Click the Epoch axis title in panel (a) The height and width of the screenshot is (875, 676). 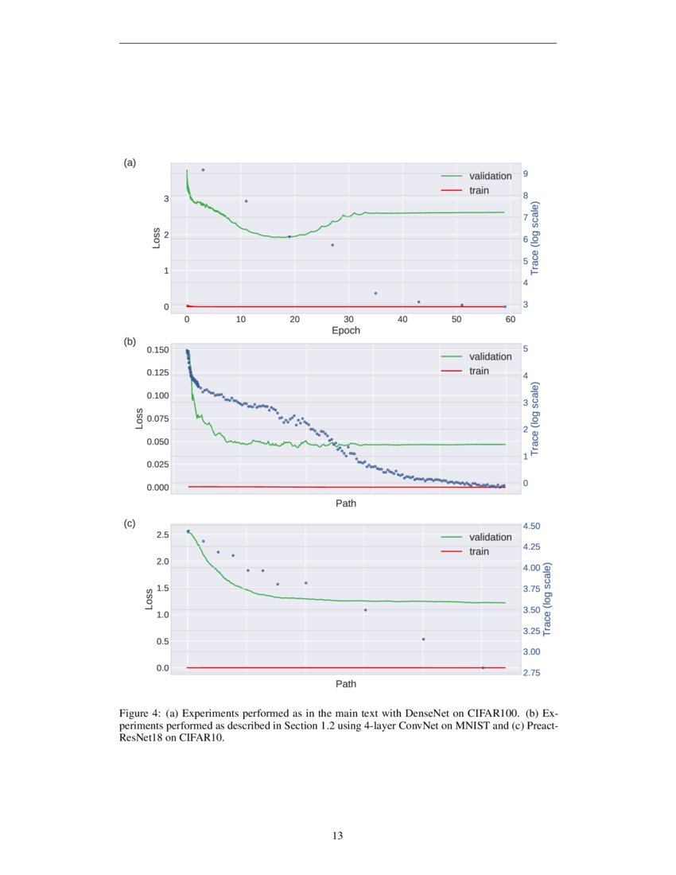click(346, 331)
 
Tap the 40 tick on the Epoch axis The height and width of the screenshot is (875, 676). click(402, 319)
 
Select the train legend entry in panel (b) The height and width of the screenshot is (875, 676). click(479, 371)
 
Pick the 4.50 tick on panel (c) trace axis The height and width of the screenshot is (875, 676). click(530, 526)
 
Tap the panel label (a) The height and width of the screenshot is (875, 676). click(130, 162)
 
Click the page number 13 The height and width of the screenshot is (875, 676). click(338, 835)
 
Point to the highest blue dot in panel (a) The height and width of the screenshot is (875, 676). click(203, 170)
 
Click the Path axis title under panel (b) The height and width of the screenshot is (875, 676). click(346, 503)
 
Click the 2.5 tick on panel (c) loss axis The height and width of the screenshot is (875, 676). click(162, 535)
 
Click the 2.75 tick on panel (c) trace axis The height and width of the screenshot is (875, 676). click(530, 673)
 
